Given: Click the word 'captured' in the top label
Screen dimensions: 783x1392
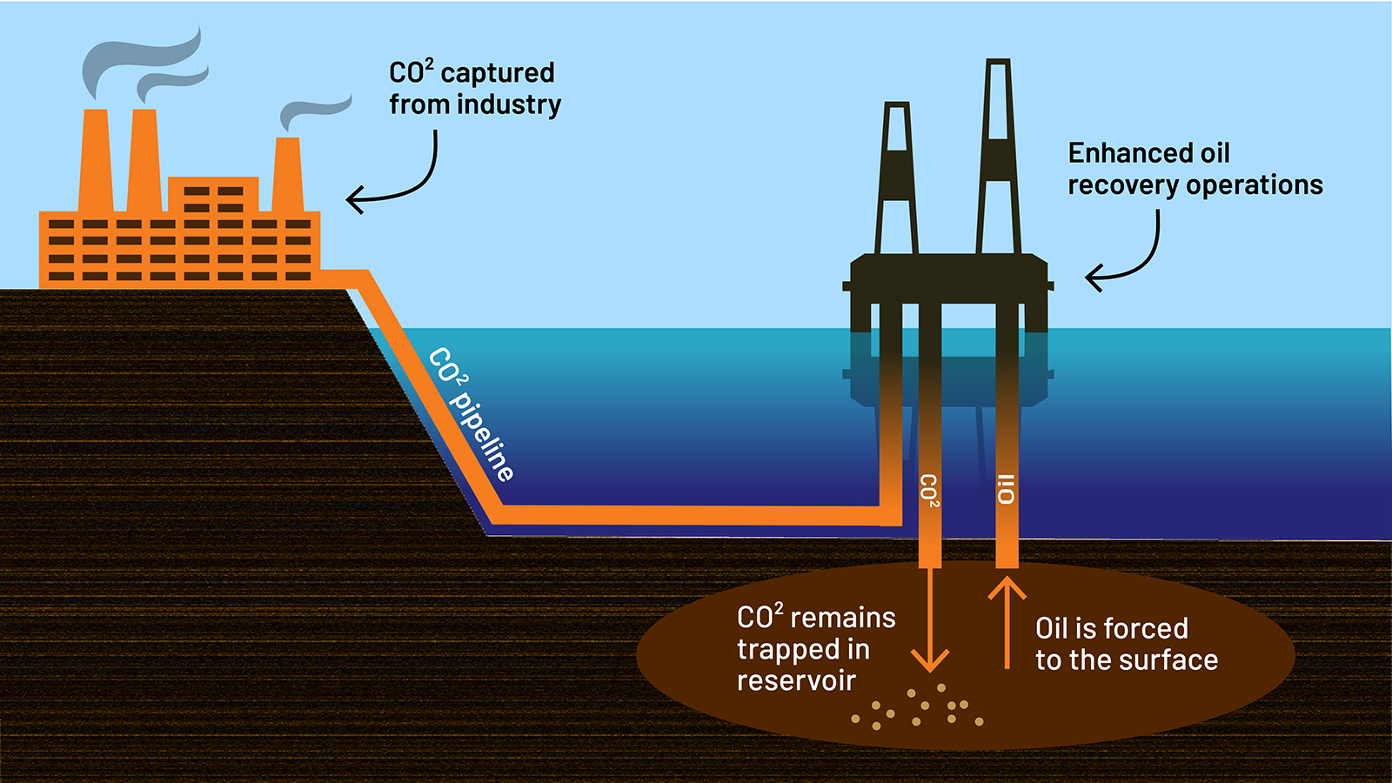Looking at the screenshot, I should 498,73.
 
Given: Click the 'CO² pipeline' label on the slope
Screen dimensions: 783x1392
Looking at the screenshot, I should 471,414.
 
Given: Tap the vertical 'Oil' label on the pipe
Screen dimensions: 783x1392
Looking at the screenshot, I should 1007,490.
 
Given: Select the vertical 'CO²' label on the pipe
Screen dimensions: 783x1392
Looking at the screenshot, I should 929,491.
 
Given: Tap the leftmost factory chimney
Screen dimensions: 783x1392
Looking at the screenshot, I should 95,161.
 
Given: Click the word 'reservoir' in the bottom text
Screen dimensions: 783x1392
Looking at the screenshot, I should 796,681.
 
